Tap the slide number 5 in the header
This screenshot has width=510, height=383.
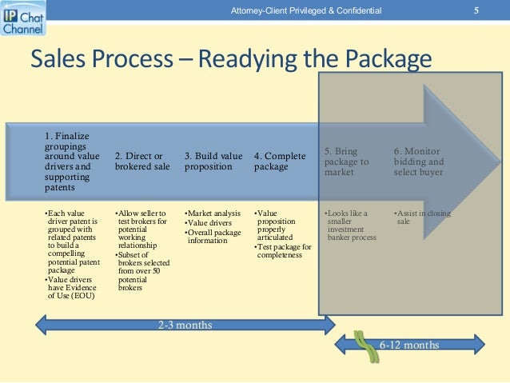476,10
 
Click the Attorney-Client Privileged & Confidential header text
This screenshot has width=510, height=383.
305,10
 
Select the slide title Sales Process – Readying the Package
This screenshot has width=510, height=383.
230,60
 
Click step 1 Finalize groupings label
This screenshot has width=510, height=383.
73,162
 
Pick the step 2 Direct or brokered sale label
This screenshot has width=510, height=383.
142,162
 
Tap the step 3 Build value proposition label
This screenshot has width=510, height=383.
213,162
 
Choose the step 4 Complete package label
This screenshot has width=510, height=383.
280,162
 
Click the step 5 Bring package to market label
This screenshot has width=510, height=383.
348,162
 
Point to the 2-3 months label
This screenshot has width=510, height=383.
185,325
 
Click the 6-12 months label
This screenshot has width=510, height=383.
408,345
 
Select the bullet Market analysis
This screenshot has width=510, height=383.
214,213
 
